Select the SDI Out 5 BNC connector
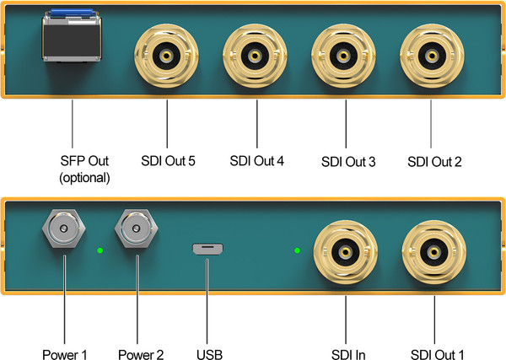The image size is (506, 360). click(167, 56)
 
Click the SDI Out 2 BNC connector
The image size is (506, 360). click(431, 56)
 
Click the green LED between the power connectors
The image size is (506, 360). click(100, 251)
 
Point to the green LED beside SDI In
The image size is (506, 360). click(296, 250)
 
